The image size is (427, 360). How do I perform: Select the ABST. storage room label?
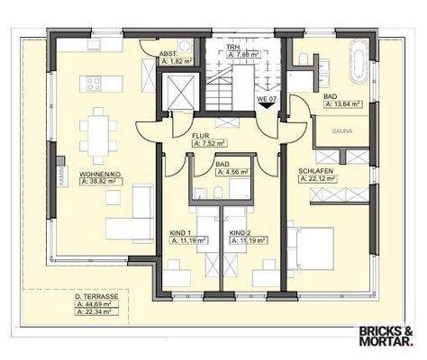click(168, 54)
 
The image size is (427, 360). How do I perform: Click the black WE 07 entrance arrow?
click(265, 103)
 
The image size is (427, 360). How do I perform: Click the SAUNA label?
click(341, 130)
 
